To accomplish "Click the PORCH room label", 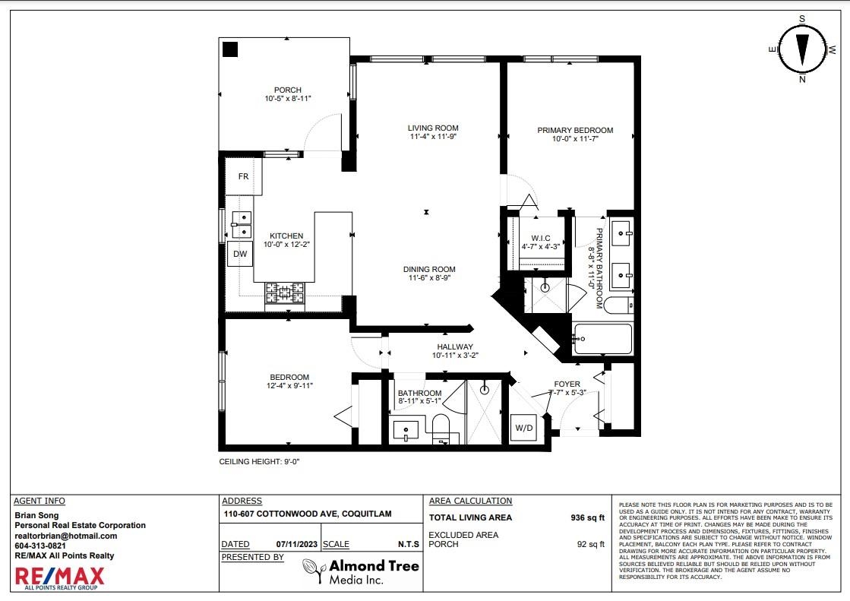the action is click(287, 90).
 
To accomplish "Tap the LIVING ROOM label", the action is click(433, 128).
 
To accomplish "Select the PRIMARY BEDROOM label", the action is click(575, 130).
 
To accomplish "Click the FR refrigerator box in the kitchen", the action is click(243, 176).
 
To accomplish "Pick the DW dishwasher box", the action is click(239, 254).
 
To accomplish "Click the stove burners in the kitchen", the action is click(285, 293).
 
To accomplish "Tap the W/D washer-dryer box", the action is click(523, 428).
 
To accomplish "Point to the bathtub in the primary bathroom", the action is click(603, 339).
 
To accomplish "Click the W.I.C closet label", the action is click(541, 238).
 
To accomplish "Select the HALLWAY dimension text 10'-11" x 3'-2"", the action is click(455, 356).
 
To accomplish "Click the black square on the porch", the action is click(230, 49).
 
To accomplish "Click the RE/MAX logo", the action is click(60, 578).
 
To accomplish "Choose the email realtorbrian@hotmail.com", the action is click(65, 536).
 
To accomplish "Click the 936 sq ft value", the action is click(588, 517).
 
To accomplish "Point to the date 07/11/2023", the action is click(296, 544).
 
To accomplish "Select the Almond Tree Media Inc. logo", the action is click(361, 572).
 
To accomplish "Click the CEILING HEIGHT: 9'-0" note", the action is click(259, 462).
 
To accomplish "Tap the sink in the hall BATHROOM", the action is click(406, 432).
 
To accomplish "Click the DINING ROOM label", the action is click(429, 269).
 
